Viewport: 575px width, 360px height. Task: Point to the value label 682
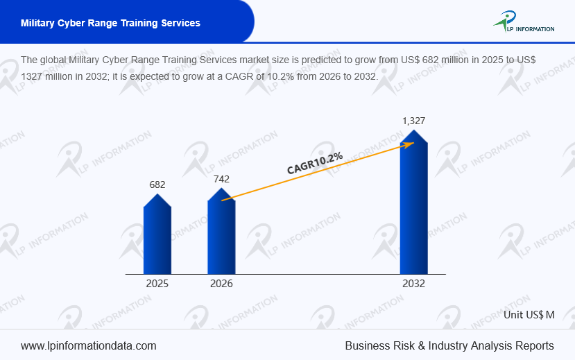click(157, 185)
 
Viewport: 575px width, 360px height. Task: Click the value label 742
click(221, 178)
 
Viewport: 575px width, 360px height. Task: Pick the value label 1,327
click(413, 121)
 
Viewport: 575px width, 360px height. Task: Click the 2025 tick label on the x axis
click(157, 284)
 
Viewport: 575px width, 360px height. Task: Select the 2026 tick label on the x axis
click(221, 284)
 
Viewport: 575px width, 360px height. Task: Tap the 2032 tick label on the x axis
click(413, 284)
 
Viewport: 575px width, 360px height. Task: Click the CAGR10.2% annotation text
click(315, 163)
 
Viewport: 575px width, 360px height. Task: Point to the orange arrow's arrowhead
click(410, 144)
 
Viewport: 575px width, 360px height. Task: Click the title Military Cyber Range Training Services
click(110, 23)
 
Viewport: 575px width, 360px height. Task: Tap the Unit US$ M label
click(530, 314)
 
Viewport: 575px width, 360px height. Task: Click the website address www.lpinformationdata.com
click(89, 345)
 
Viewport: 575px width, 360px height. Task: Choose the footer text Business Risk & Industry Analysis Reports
click(449, 345)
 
